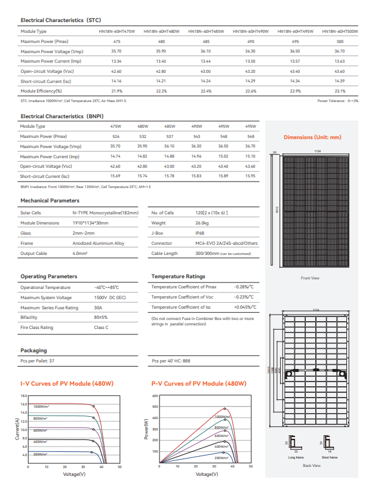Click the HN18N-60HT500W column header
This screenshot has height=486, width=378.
click(340, 30)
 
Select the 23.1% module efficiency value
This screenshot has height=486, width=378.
click(340, 91)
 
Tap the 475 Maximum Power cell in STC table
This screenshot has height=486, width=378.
click(116, 41)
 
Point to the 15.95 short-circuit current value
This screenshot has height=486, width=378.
click(250, 176)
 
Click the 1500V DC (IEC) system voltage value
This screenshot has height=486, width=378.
click(109, 297)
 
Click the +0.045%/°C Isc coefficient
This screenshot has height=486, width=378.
click(245, 307)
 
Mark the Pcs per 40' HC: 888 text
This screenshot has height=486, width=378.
click(171, 361)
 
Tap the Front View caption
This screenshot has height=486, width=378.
click(310, 278)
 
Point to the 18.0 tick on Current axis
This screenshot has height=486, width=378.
click(24, 396)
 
